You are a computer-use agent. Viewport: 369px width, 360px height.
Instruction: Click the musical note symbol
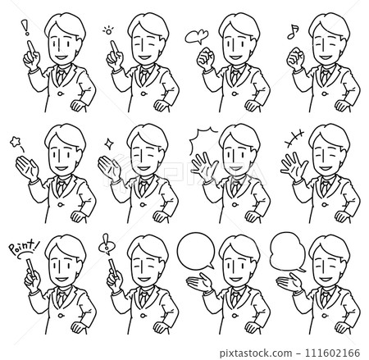[x=293, y=32]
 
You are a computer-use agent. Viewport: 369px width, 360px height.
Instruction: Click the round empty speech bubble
[x=196, y=251]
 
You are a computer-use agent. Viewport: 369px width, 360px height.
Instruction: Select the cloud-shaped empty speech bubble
[x=288, y=252]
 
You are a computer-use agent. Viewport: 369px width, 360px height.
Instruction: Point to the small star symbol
[x=15, y=142]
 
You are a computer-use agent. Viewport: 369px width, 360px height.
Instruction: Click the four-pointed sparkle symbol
[x=109, y=144]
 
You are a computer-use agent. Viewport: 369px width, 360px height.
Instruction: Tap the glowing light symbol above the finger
[x=108, y=30]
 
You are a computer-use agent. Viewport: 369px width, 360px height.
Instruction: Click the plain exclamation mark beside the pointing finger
[x=26, y=28]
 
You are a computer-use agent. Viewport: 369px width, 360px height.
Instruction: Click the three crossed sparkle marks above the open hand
[x=294, y=139]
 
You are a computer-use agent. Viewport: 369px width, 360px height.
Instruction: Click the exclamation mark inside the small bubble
[x=106, y=244]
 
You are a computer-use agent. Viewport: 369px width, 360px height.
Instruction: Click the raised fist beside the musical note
[x=295, y=58]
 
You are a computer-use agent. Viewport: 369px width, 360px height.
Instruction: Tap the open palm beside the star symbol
[x=26, y=167]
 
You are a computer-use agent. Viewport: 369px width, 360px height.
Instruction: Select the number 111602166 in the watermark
[x=331, y=353]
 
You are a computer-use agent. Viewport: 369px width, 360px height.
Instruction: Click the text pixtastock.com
[x=256, y=353]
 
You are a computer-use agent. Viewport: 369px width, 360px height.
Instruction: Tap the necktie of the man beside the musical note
[x=325, y=76]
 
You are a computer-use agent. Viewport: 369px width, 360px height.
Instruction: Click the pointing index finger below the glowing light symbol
[x=113, y=47]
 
